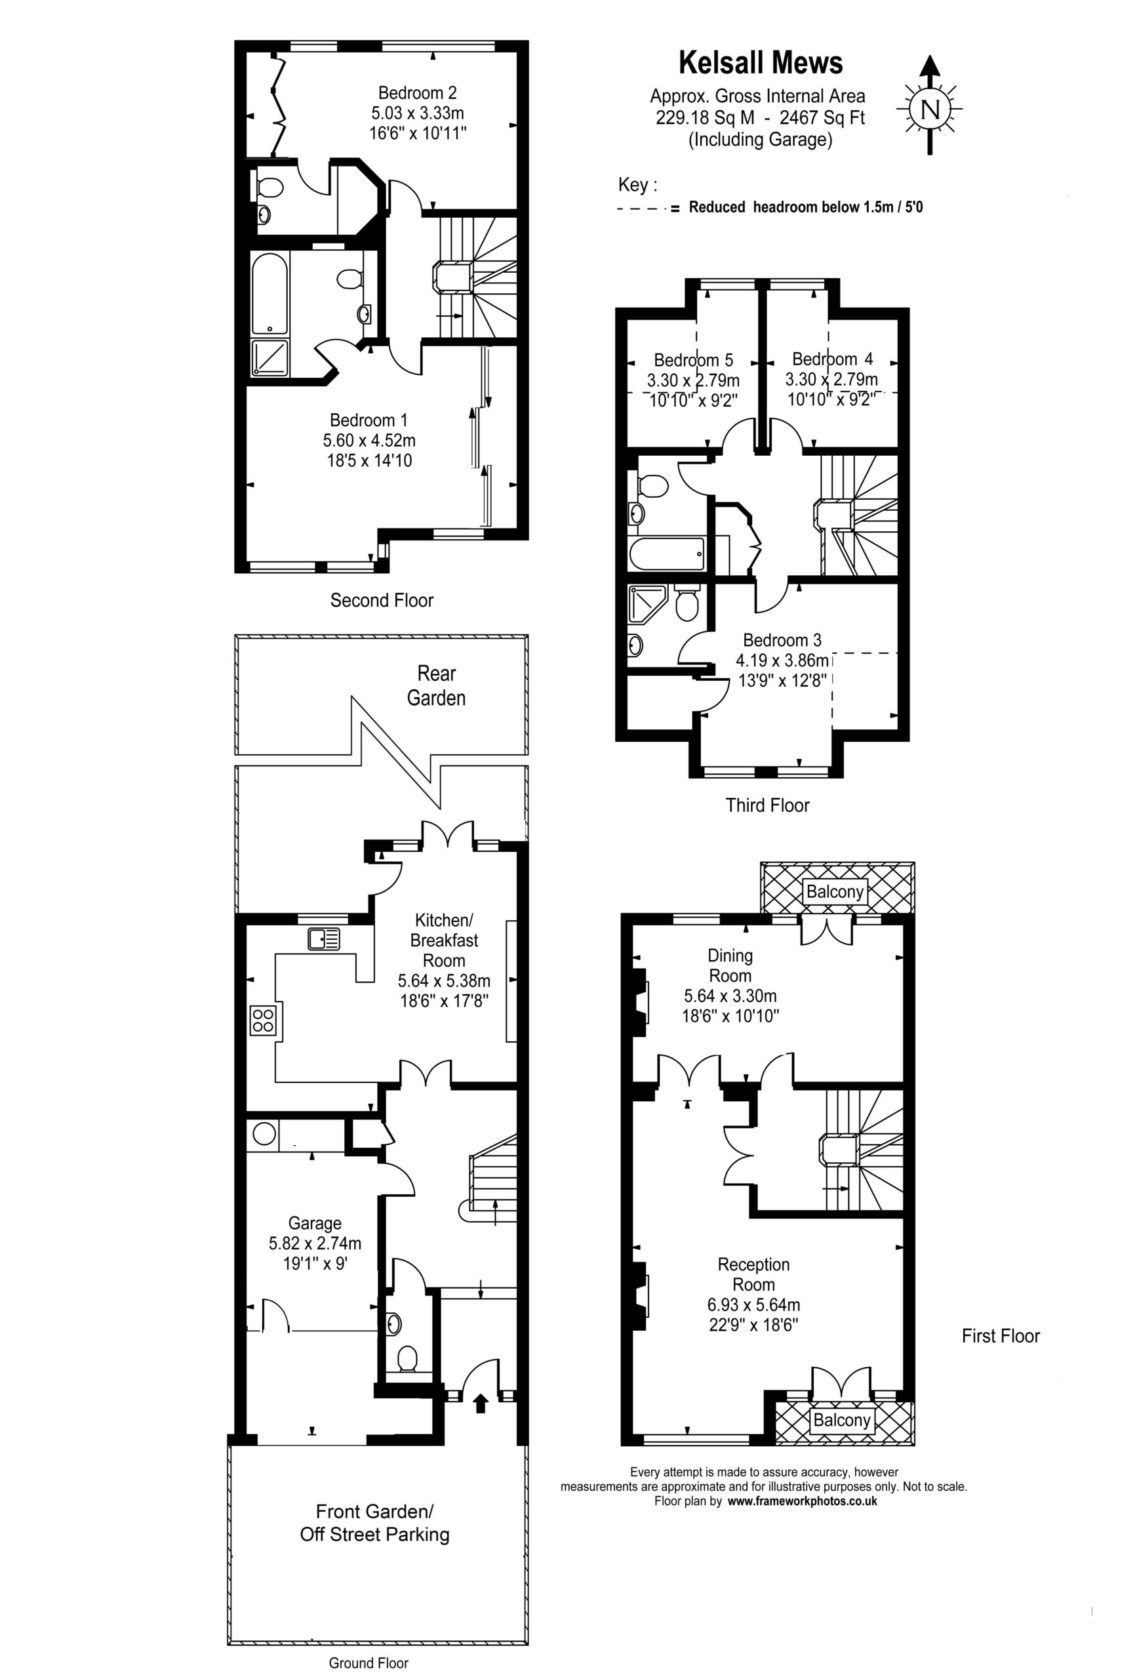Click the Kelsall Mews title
pyautogui.click(x=760, y=63)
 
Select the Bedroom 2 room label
pyautogui.click(x=418, y=92)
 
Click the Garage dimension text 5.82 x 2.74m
pyautogui.click(x=315, y=1244)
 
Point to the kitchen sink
pyautogui.click(x=324, y=939)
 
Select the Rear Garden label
pyautogui.click(x=436, y=685)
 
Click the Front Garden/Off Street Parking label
pyautogui.click(x=374, y=1523)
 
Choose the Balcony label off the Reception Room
pyautogui.click(x=841, y=1420)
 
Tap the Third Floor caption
pyautogui.click(x=767, y=805)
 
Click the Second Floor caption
pyautogui.click(x=382, y=599)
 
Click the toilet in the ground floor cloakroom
pyautogui.click(x=408, y=1358)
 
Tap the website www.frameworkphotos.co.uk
pyautogui.click(x=802, y=1501)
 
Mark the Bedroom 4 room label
pyautogui.click(x=832, y=359)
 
